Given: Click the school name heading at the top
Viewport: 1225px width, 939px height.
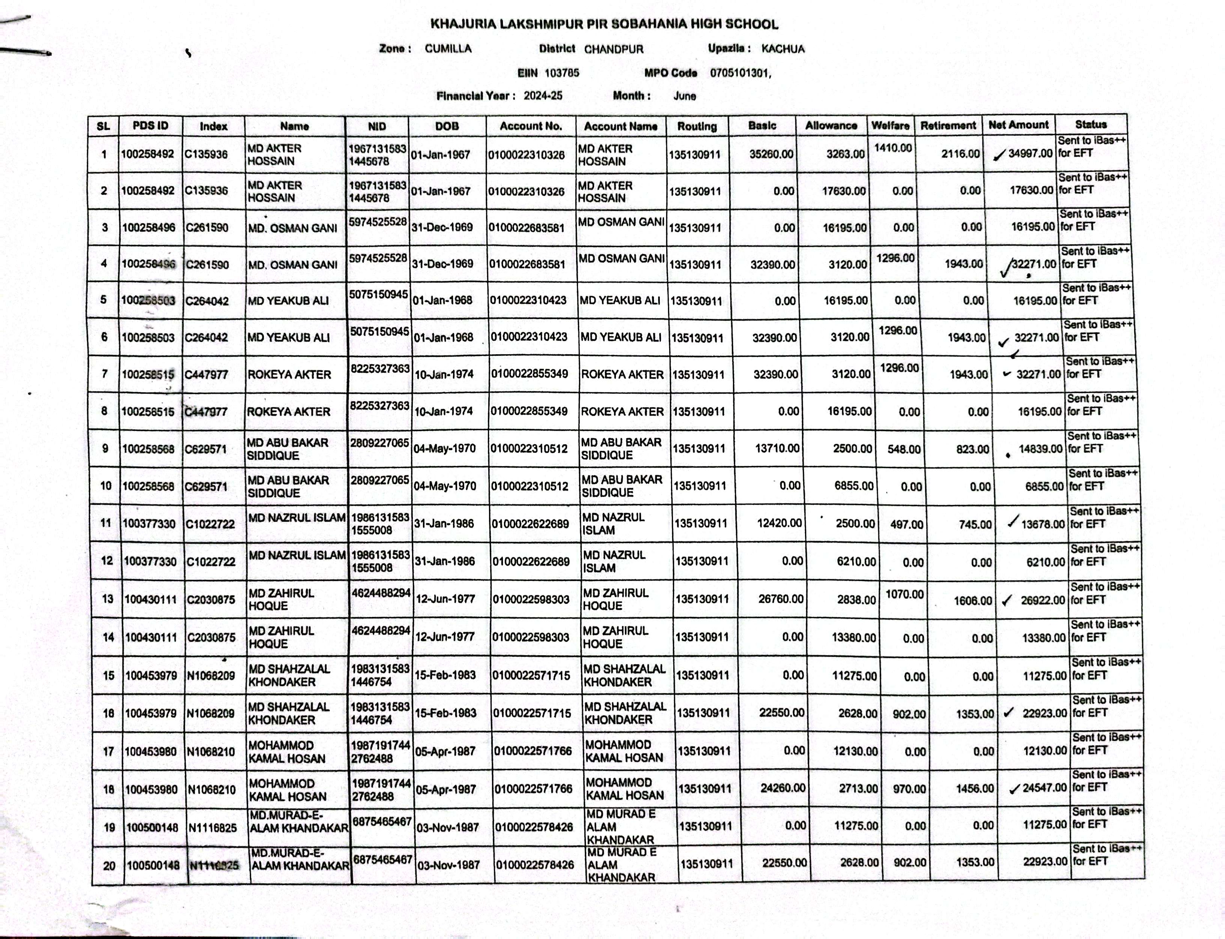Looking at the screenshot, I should pyautogui.click(x=603, y=24).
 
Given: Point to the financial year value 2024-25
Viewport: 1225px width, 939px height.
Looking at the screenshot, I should pyautogui.click(x=543, y=96).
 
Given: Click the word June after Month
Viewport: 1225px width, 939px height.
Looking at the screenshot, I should pyautogui.click(x=685, y=96).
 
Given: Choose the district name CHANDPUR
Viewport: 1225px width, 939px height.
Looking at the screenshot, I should pyautogui.click(x=614, y=49).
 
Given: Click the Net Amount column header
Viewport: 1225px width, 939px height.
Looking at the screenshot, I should pyautogui.click(x=1018, y=125).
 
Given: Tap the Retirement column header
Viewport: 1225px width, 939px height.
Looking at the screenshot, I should pyautogui.click(x=948, y=125).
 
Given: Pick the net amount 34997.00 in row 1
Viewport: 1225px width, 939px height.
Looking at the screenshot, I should pyautogui.click(x=1030, y=153).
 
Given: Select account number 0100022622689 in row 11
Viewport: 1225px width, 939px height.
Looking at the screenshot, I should pyautogui.click(x=530, y=524).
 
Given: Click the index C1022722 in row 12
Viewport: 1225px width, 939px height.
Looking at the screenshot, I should pyautogui.click(x=211, y=561).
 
